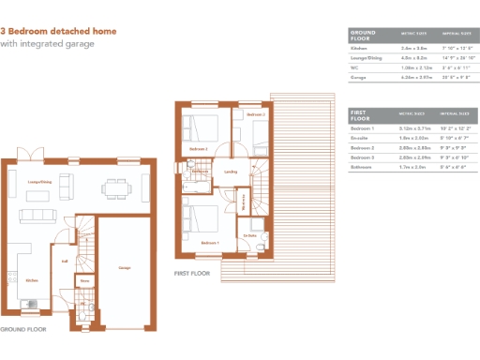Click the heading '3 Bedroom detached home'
(x=59, y=31)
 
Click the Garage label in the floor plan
(x=124, y=267)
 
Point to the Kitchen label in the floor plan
(x=31, y=279)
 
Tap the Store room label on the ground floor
(x=84, y=279)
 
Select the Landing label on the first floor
(x=231, y=172)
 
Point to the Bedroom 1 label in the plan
(x=210, y=243)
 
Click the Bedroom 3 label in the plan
(x=257, y=114)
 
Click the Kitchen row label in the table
(x=359, y=47)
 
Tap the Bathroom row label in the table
(x=362, y=168)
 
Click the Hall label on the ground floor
(x=65, y=262)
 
